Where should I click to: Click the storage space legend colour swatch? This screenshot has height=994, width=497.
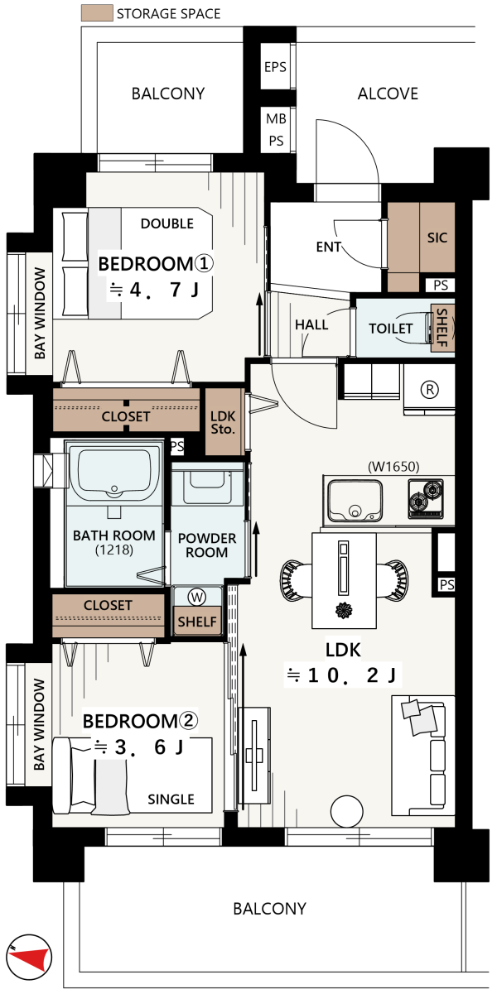point(97,13)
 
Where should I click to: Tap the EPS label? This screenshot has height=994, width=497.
point(275,67)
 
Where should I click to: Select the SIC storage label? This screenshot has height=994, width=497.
point(437,238)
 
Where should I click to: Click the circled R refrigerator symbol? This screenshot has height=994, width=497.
point(429,390)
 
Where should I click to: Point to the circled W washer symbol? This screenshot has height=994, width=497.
point(197,597)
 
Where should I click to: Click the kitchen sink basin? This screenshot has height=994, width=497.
point(355,502)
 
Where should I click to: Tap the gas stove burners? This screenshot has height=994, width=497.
point(426,499)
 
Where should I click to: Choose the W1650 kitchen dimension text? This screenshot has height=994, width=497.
point(393,467)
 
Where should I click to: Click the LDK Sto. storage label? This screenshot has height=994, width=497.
point(223,422)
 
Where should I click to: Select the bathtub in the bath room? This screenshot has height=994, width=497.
point(114,473)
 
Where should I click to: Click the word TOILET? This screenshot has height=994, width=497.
point(391,329)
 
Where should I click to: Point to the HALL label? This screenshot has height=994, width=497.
point(311,324)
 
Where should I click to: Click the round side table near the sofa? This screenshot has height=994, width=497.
point(347,811)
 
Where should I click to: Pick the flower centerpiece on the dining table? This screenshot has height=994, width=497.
point(345,610)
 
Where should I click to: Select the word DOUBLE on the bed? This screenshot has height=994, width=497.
point(167,223)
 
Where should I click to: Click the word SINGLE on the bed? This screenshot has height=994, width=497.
point(171,800)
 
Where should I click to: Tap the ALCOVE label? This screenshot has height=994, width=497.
point(388,94)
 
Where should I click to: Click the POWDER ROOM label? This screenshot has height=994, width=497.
point(207,545)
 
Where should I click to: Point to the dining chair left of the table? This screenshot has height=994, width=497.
point(296,578)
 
